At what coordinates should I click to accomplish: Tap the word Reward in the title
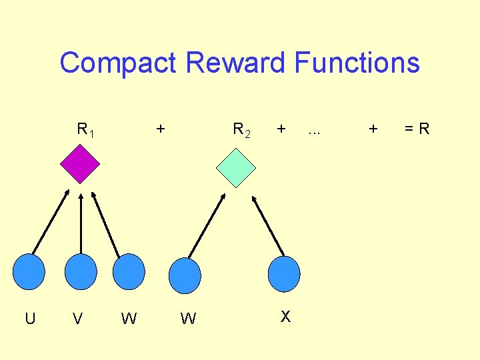pyautogui.click(x=236, y=63)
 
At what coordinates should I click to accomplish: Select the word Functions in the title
pyautogui.click(x=357, y=63)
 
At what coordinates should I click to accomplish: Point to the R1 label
pyautogui.click(x=85, y=129)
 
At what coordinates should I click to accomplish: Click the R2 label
pyautogui.click(x=241, y=129)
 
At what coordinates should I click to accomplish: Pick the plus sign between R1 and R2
pyautogui.click(x=160, y=128)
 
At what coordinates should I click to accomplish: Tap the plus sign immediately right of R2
pyautogui.click(x=282, y=128)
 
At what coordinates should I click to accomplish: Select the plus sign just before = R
pyautogui.click(x=373, y=128)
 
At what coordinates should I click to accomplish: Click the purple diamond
pyautogui.click(x=80, y=163)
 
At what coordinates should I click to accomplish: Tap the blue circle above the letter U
pyautogui.click(x=29, y=271)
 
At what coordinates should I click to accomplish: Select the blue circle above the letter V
pyautogui.click(x=81, y=271)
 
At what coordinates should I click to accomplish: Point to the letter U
pyautogui.click(x=30, y=319)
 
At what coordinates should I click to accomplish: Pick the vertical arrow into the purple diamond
pyautogui.click(x=81, y=223)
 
